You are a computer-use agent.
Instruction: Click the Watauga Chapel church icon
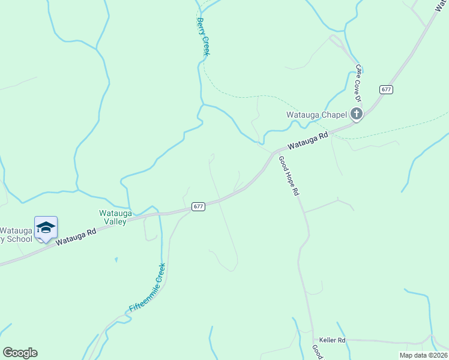[357, 113]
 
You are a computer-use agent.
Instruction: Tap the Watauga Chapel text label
[317, 115]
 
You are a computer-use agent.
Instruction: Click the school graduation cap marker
[46, 227]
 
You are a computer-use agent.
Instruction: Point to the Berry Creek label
[203, 37]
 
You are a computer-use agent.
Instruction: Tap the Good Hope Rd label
[288, 176]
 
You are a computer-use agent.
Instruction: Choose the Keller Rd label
[332, 340]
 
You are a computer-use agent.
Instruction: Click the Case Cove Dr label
[360, 79]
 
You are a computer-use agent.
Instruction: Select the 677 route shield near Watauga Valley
[199, 206]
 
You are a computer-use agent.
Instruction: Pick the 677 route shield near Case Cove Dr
[386, 89]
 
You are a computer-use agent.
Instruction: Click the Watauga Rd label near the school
[76, 236]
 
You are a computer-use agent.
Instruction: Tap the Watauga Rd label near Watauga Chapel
[308, 141]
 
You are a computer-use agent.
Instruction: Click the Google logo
[20, 352]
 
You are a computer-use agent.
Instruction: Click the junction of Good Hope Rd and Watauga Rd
[276, 152]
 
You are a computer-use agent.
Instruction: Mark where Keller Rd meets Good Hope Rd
[313, 340]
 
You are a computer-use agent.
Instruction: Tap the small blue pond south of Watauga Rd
[116, 260]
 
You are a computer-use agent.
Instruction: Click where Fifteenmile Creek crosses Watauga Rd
[160, 214]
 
